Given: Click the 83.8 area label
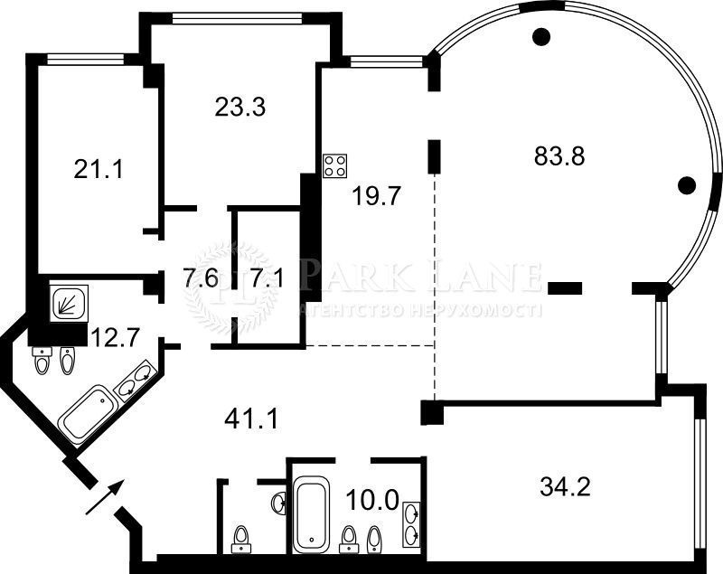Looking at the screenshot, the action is click(x=559, y=155).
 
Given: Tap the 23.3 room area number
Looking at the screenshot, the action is click(x=239, y=107).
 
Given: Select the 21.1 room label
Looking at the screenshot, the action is click(x=99, y=169).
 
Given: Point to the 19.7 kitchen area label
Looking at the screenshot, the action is click(x=377, y=196).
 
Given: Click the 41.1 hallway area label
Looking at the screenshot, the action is click(x=251, y=419).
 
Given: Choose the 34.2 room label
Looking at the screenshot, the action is click(x=565, y=486).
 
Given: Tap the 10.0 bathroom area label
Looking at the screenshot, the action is click(x=371, y=499).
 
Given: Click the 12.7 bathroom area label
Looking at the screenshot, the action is click(x=115, y=337).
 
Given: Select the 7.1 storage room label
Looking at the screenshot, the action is click(x=268, y=278).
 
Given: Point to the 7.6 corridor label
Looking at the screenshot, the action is click(x=201, y=278).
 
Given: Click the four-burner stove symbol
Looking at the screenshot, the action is click(x=335, y=166).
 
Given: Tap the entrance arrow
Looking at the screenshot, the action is click(x=105, y=496).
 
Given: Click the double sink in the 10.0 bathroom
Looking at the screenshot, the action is click(x=411, y=524).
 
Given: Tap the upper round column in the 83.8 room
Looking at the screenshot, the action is click(x=541, y=36).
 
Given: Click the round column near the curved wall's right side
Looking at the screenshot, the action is click(x=687, y=185).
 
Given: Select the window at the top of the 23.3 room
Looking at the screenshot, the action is click(x=237, y=18).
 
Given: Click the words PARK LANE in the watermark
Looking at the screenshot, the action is click(x=419, y=278).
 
